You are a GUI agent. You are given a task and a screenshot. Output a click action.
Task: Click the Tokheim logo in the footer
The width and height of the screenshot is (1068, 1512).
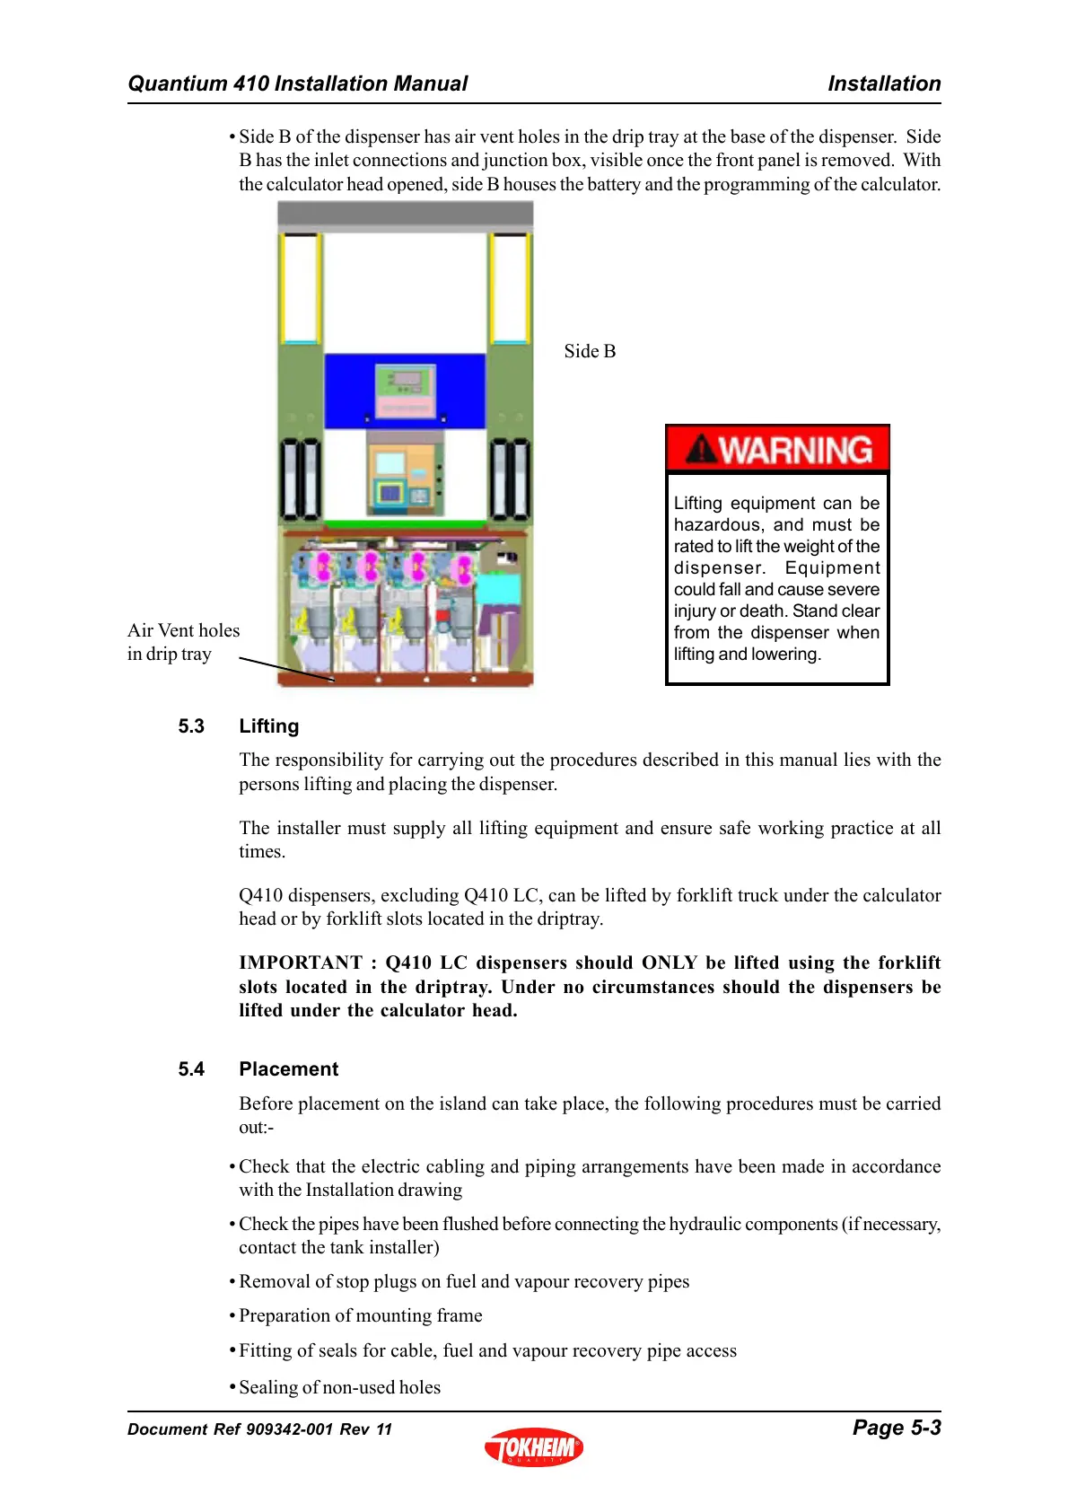click(534, 1446)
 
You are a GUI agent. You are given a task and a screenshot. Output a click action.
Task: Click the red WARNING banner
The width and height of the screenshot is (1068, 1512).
click(777, 449)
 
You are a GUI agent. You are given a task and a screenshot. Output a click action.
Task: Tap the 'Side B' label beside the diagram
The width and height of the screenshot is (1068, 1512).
click(590, 351)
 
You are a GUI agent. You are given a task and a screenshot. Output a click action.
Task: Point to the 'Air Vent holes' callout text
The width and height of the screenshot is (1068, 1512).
click(184, 630)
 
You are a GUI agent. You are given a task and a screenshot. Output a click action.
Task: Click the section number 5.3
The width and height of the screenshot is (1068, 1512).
click(191, 726)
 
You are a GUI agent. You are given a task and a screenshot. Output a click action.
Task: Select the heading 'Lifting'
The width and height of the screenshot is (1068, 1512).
click(269, 726)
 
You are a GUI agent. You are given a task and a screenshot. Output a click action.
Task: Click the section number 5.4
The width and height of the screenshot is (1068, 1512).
click(191, 1069)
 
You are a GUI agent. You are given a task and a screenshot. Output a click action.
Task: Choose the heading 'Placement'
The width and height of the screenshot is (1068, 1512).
click(289, 1069)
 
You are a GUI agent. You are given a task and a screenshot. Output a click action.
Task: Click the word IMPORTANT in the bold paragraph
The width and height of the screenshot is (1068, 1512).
click(301, 963)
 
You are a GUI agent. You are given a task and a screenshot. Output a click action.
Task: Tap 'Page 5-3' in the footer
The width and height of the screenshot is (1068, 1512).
click(896, 1428)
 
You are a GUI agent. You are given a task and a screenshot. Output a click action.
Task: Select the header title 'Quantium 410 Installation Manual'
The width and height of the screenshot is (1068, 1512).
click(298, 84)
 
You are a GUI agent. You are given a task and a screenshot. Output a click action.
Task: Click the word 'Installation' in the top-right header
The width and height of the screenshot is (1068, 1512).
click(884, 84)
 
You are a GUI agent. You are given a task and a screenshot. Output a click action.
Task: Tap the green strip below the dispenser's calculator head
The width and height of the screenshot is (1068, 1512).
click(405, 524)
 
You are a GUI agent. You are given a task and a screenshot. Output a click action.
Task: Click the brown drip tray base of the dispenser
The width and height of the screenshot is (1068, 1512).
click(405, 680)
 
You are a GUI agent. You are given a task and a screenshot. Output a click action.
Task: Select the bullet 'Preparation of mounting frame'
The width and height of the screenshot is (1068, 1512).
click(361, 1315)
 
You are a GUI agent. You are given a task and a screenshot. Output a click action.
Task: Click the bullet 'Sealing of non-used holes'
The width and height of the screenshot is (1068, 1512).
click(340, 1387)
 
